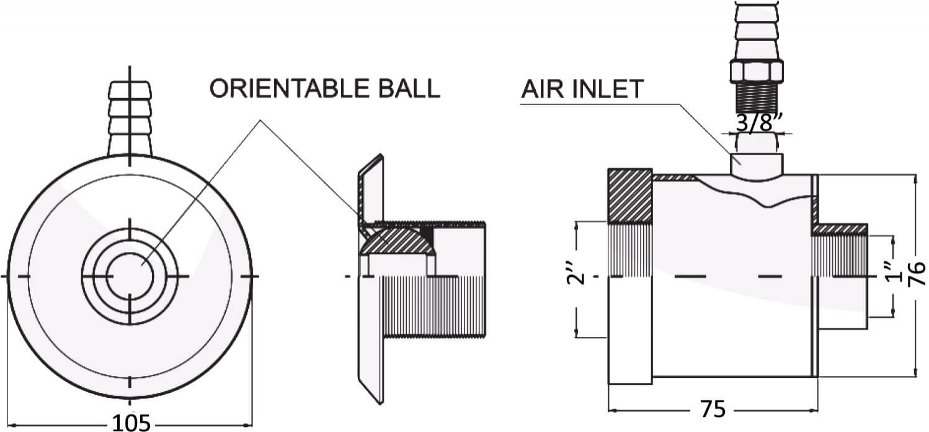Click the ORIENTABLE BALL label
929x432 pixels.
[x=324, y=89]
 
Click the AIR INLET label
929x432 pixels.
[x=582, y=89]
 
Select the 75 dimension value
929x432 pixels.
[x=713, y=410]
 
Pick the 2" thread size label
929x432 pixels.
[x=576, y=275]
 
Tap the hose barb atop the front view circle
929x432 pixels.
[x=130, y=118]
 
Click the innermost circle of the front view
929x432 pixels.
[x=130, y=275]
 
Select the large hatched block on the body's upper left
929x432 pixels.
[x=629, y=196]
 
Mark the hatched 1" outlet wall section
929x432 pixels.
[x=840, y=229]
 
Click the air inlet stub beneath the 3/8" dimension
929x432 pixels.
[x=756, y=163]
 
